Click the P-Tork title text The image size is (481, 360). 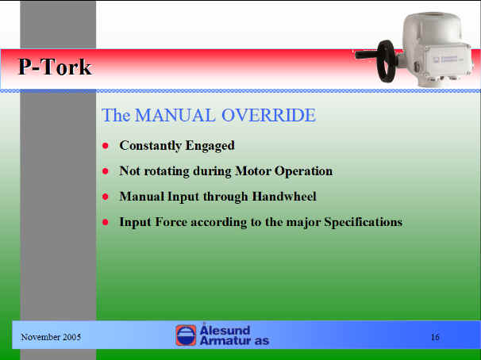56,67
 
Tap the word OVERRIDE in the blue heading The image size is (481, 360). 268,115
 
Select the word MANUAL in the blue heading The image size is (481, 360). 175,115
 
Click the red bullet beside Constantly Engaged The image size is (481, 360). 106,146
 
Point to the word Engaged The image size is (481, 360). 210,146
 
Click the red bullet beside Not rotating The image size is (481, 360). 106,171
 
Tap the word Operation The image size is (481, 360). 303,171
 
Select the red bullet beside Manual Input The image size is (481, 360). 106,197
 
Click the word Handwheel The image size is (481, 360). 284,197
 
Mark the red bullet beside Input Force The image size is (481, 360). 106,222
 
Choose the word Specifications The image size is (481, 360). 364,222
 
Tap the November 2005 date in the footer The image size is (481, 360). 51,337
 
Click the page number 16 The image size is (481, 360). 435,337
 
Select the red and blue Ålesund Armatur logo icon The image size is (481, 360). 186,335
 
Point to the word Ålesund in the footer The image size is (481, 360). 225,330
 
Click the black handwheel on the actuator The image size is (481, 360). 386,61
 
